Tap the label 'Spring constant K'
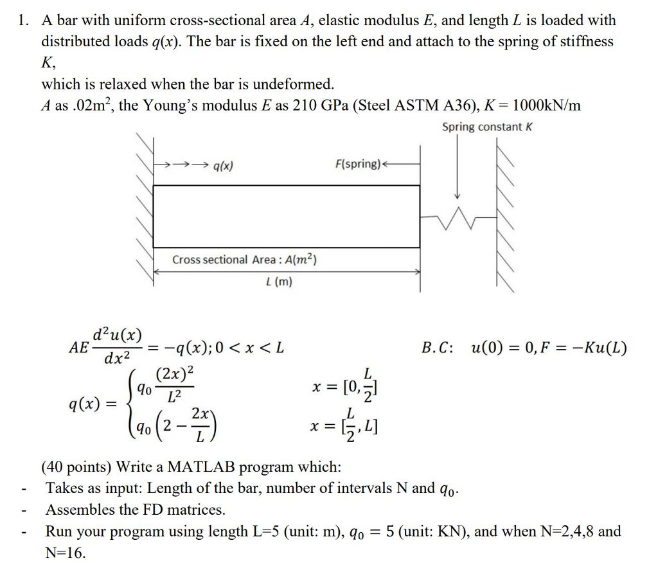[486, 127]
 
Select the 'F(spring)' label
[358, 164]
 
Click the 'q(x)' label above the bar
[222, 165]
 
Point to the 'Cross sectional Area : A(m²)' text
[244, 260]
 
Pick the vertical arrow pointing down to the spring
[458, 167]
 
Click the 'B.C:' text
[438, 348]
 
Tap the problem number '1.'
[24, 21]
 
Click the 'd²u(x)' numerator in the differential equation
[117, 335]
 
